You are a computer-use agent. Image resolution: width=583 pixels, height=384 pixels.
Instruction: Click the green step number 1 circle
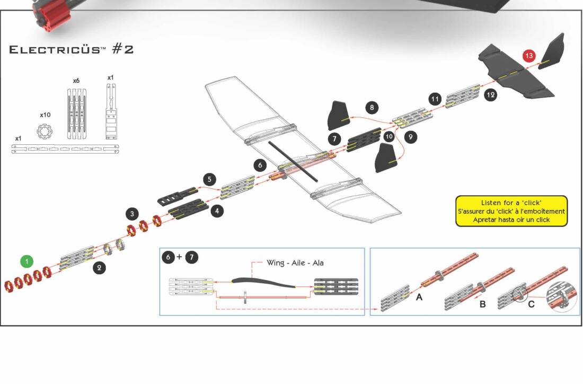coord(27,261)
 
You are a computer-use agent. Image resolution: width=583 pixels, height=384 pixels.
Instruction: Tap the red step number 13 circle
coord(529,56)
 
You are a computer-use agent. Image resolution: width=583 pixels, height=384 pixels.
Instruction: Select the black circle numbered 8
coord(372,108)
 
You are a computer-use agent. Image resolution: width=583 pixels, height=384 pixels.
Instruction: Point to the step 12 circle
coord(490,95)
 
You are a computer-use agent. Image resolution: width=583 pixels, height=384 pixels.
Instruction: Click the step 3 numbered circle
coord(132,214)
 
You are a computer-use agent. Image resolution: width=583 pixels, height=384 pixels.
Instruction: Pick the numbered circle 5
coord(209,179)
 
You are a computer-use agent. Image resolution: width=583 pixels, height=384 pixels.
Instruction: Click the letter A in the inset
coord(419,298)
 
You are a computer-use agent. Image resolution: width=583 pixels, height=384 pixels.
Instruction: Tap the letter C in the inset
coord(531,304)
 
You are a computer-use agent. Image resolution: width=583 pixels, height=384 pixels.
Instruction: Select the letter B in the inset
coord(482,304)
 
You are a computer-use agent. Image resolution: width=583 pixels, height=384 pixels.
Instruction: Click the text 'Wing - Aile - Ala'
coord(295,263)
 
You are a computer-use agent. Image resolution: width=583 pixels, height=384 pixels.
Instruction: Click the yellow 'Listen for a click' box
coord(511,211)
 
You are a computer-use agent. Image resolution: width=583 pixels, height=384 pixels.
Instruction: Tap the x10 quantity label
coord(45,115)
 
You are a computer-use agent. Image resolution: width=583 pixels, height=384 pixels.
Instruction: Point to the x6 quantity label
coord(76,81)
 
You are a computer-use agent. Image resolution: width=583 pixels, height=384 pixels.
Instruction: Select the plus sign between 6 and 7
coord(179,257)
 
